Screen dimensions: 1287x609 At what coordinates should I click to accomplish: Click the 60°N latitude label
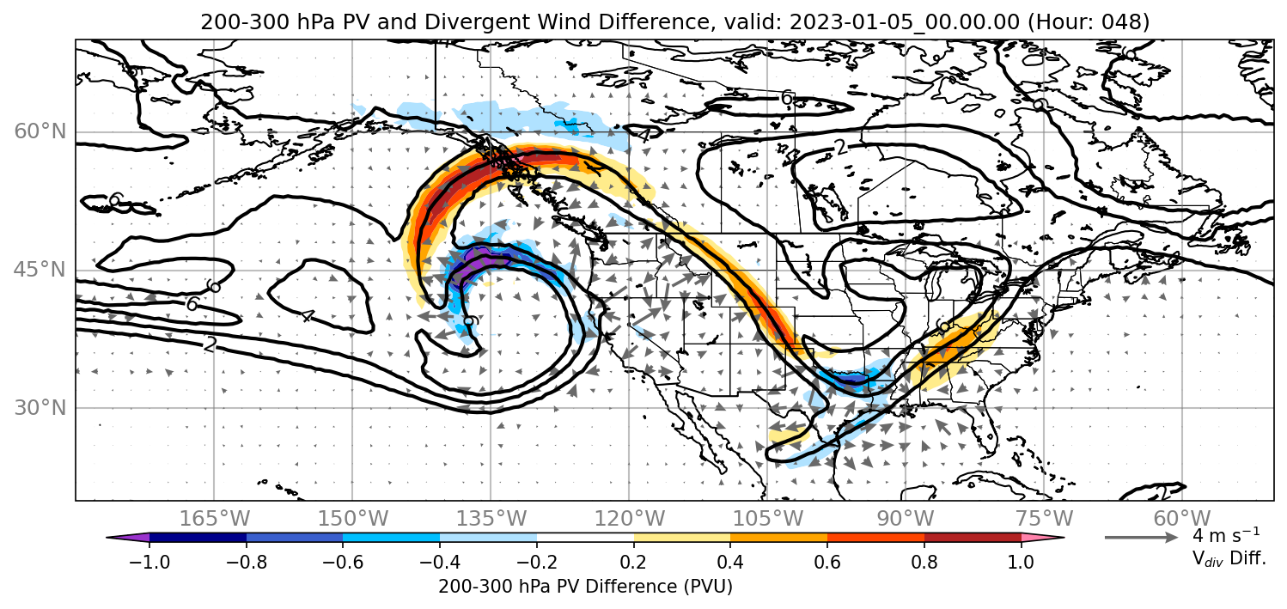[x=40, y=131]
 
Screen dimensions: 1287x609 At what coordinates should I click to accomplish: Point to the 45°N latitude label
[x=40, y=270]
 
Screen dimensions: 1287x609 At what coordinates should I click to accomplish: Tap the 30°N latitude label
[x=40, y=408]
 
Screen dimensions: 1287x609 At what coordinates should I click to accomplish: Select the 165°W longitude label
[x=214, y=518]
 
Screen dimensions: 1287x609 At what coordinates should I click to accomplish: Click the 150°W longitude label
[x=353, y=518]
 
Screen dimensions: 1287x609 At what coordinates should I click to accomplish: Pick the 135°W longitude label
[x=491, y=518]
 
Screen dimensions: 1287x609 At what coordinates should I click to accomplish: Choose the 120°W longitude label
[x=629, y=518]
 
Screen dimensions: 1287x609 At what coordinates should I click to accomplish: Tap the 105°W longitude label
[x=767, y=518]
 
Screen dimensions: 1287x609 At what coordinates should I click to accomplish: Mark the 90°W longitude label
[x=906, y=518]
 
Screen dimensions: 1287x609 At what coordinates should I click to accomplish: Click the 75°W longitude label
[x=1044, y=518]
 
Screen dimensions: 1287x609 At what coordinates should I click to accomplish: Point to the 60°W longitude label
[x=1182, y=518]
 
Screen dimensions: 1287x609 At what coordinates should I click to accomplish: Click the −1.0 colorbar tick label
[x=149, y=561]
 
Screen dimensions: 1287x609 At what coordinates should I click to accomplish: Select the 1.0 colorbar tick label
[x=1021, y=561]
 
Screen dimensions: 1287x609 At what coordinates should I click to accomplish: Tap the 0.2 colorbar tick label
[x=634, y=561]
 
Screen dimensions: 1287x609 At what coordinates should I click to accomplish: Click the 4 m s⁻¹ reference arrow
[x=1141, y=538]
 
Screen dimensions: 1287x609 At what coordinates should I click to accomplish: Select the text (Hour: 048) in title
[x=1089, y=21]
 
